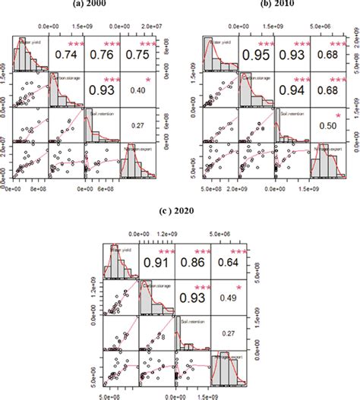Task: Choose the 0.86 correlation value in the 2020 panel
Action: [193, 265]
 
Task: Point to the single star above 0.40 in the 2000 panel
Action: [148, 78]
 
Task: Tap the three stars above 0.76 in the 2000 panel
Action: [111, 42]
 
